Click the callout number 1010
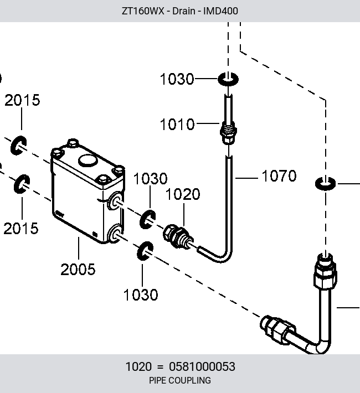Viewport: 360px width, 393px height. pyautogui.click(x=177, y=125)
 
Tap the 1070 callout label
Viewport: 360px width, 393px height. pyautogui.click(x=279, y=175)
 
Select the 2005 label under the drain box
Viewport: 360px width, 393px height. pyautogui.click(x=78, y=270)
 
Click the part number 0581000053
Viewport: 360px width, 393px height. pyautogui.click(x=202, y=366)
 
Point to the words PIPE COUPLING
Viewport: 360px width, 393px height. pyautogui.click(x=180, y=380)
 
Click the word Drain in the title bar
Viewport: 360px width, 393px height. pyautogui.click(x=184, y=11)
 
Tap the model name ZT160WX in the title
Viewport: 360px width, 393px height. pyautogui.click(x=143, y=11)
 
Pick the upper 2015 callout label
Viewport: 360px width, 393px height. pyautogui.click(x=22, y=100)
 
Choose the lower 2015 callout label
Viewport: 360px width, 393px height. pyautogui.click(x=21, y=229)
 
